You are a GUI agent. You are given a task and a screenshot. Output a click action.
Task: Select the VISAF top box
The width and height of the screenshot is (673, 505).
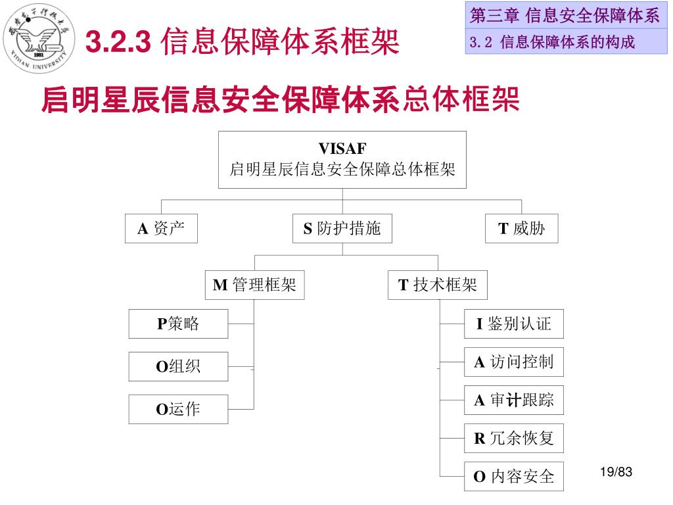click(342, 159)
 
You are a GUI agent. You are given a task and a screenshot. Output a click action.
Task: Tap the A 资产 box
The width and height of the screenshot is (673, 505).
click(161, 229)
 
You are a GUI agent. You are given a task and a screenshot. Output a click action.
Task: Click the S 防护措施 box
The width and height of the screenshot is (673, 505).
click(342, 229)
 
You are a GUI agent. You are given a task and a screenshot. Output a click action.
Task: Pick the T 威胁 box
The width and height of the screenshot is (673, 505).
click(521, 229)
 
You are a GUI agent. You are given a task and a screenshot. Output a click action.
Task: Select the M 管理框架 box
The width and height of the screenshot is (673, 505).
click(254, 285)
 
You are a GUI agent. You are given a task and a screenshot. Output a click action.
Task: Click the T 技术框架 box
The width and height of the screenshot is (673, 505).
click(438, 285)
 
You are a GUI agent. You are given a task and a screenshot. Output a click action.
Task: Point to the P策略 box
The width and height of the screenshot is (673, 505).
click(178, 324)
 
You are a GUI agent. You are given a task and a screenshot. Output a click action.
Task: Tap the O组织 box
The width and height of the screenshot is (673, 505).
click(178, 366)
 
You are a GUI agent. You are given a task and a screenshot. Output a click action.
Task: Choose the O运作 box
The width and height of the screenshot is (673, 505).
click(178, 409)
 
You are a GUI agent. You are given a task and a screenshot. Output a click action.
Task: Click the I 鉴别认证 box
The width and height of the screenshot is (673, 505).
click(513, 324)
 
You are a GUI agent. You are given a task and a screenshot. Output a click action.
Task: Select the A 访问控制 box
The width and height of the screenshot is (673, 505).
click(513, 362)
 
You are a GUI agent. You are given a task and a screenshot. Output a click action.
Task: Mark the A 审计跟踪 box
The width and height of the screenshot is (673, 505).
click(513, 400)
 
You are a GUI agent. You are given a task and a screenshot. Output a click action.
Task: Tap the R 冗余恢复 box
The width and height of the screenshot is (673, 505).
click(513, 438)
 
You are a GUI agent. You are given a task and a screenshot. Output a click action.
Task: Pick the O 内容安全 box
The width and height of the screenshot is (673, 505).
click(513, 476)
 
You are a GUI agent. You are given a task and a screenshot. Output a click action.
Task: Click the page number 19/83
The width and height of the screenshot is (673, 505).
click(615, 471)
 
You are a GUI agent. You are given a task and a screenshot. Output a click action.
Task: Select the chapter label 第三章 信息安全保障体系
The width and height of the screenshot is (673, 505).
click(565, 16)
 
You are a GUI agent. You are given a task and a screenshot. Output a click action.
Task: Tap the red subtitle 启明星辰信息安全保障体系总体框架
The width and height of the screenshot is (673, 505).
click(280, 101)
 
